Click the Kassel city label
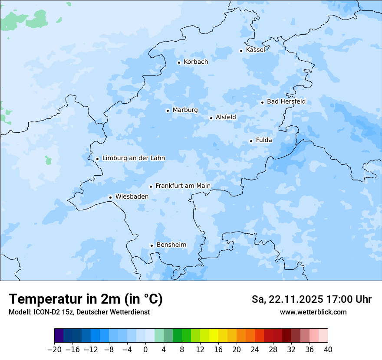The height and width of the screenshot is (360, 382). pos(255,50)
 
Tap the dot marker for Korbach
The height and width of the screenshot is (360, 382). pos(179,62)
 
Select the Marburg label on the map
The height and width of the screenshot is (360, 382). pos(185,110)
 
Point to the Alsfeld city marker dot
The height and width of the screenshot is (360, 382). pos(211,118)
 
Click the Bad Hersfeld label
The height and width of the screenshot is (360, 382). pos(286,102)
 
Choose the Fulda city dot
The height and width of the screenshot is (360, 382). pos(251,141)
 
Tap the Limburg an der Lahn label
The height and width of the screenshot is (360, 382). pos(133,158)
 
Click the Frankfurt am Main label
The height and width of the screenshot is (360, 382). pos(183,186)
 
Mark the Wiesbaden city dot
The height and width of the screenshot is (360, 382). pos(111,197)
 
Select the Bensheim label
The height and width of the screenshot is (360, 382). pos(171,245)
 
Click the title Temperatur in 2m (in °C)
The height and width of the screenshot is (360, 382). pos(86,299)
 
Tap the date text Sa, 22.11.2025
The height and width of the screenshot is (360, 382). pos(287,299)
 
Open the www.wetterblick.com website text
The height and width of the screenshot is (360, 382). pos(313,312)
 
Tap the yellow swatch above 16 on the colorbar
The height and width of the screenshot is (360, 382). pos(214,336)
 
